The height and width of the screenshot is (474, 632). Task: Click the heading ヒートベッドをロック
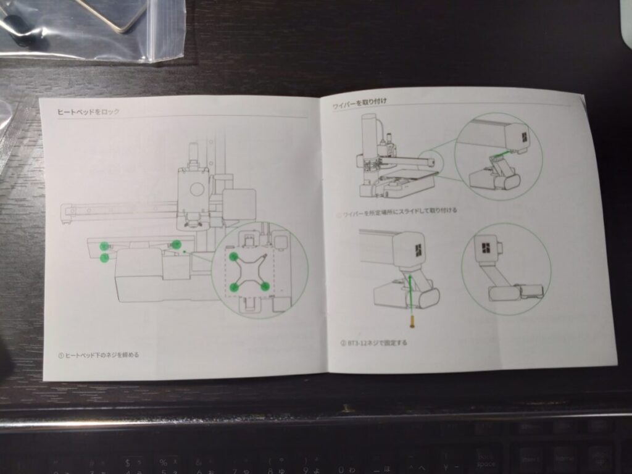88,112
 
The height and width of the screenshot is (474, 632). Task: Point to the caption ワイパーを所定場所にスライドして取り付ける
399,211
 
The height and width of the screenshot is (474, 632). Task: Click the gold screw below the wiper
410,322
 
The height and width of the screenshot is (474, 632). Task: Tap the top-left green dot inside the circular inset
234,256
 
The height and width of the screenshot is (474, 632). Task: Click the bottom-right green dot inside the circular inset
264,286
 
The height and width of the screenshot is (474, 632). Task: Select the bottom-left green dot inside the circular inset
235,287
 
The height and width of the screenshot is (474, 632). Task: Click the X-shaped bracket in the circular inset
249,272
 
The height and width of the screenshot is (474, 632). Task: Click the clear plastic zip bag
93,28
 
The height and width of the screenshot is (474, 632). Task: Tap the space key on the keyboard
486,460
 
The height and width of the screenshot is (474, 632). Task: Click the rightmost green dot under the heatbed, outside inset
177,244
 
